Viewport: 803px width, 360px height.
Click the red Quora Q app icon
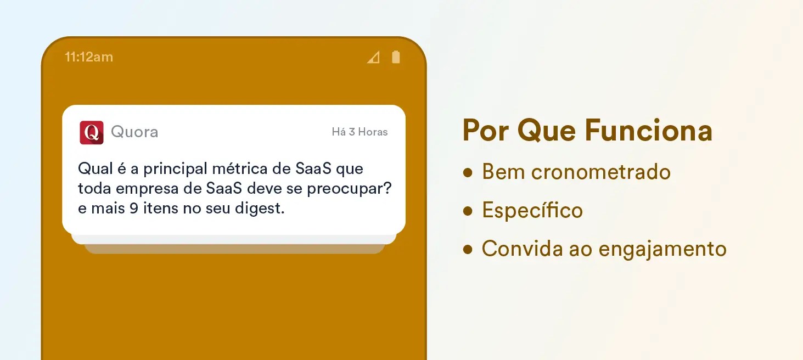tap(92, 132)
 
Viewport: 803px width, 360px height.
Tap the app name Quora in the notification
tap(134, 132)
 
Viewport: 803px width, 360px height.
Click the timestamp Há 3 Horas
tap(360, 132)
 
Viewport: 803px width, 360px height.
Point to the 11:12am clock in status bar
tap(89, 57)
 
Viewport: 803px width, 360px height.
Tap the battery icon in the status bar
tap(396, 57)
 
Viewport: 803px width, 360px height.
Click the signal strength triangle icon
tap(374, 57)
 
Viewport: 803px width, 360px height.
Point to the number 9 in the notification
tap(134, 209)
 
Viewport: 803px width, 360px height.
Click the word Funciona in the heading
tap(649, 131)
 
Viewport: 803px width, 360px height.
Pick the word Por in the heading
tap(486, 131)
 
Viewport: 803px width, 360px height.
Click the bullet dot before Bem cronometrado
tap(468, 173)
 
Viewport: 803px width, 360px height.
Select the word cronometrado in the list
tap(601, 172)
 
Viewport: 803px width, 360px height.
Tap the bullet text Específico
tap(532, 210)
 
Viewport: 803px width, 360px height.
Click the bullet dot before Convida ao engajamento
tap(468, 249)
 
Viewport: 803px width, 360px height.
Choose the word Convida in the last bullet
tap(523, 249)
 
